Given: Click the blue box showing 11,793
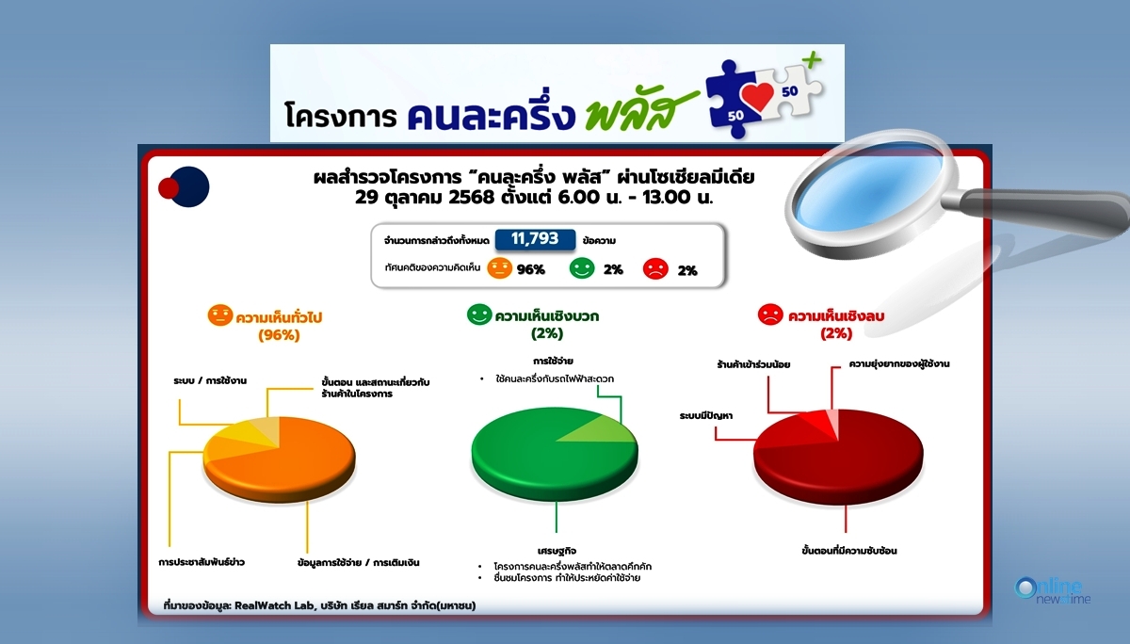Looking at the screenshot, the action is click(x=535, y=239).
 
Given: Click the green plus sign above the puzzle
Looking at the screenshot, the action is click(x=812, y=60).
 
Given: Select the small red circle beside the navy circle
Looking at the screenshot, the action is click(x=169, y=188).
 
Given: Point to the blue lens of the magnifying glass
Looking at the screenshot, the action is click(x=867, y=186).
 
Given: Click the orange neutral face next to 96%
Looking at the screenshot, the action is click(x=499, y=268).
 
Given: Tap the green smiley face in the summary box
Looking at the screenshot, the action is click(x=582, y=268).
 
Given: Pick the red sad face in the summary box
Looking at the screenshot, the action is click(x=655, y=268).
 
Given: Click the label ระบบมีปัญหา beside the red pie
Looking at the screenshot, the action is click(x=705, y=416).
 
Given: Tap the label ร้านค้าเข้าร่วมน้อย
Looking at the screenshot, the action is click(x=753, y=364).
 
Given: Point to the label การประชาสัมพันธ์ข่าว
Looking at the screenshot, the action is click(x=202, y=562).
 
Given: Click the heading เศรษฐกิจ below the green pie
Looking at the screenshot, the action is click(x=557, y=551).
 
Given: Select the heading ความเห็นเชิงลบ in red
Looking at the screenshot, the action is click(x=836, y=316).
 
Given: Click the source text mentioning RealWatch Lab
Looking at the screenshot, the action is click(x=319, y=605).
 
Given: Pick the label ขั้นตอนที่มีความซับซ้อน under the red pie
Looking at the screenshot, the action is click(x=849, y=550).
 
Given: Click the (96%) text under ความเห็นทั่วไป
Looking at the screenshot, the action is click(x=279, y=335).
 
